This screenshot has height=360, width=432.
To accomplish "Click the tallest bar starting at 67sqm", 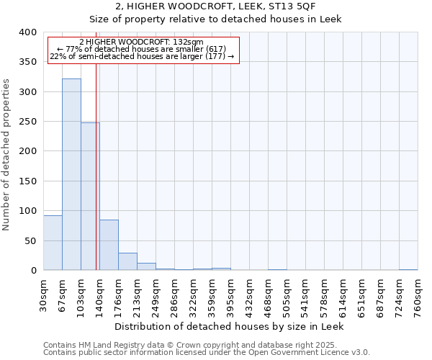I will (x=71, y=174).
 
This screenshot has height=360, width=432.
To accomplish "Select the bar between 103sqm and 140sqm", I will (x=90, y=197).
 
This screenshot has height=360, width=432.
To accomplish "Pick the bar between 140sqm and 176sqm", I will (x=109, y=245).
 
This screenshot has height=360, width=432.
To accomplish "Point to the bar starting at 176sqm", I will (x=127, y=261).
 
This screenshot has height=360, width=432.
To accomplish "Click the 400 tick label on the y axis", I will (x=28, y=32).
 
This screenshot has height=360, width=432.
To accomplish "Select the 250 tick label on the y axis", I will (x=28, y=122).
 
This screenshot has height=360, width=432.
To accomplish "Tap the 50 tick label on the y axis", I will (x=31, y=240).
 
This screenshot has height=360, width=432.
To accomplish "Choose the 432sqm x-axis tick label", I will (x=249, y=295).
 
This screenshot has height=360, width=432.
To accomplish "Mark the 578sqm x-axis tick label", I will (x=324, y=295).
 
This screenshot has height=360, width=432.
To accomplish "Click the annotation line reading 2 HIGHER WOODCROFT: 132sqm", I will (x=141, y=42).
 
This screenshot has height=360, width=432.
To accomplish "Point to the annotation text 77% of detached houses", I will (x=141, y=49).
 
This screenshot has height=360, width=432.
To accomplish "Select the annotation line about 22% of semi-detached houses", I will (x=141, y=56).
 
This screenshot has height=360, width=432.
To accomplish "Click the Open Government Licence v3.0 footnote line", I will (x=207, y=353).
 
